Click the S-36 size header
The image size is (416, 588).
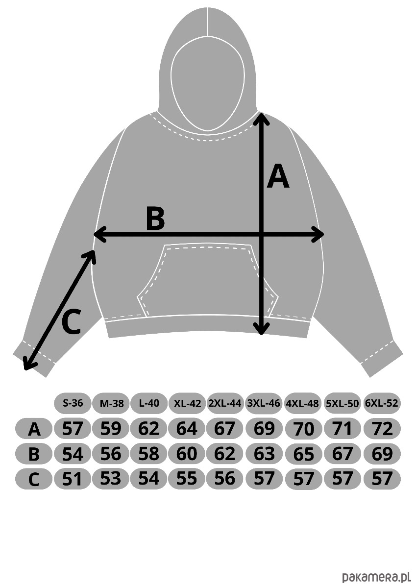coord(73,403)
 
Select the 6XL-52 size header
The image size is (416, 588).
coord(382,403)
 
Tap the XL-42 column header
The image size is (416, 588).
coord(187,403)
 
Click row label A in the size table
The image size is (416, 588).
coord(34,429)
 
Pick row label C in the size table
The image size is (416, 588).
coord(34,479)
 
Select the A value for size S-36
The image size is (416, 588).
coord(73,429)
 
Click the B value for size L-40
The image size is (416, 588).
coord(149,453)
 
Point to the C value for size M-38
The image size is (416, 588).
coord(111,478)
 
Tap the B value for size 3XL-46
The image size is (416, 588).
coord(265,453)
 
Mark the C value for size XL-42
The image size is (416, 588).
coord(187,478)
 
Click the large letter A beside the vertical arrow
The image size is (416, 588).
coord(278,177)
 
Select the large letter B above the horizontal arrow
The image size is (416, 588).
coord(155,219)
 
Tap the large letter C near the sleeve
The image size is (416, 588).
coord(71,323)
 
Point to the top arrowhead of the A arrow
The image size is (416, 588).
coord(262,118)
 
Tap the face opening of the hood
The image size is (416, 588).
coord(208,86)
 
